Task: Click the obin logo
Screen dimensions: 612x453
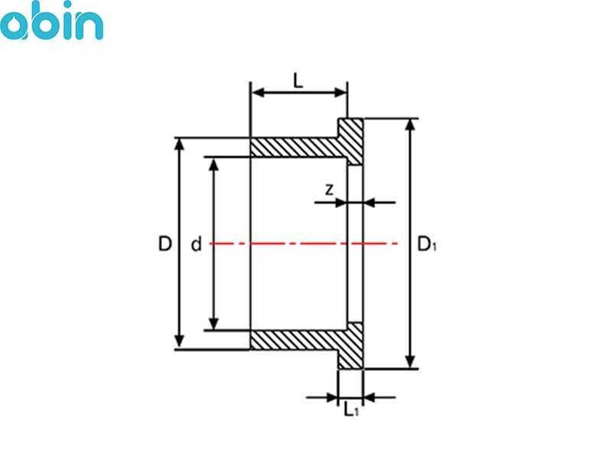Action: [x=51, y=21]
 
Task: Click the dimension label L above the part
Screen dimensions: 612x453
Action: [x=298, y=81]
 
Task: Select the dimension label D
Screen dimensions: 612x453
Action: [x=164, y=243]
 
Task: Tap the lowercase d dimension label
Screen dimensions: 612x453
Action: [x=196, y=243]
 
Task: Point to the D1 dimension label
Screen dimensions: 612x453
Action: [x=427, y=244]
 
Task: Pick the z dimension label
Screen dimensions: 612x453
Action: [x=330, y=190]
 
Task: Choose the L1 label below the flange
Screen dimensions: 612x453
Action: [x=351, y=409]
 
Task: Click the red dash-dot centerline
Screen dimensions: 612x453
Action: [x=304, y=243]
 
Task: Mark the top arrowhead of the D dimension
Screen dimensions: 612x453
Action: [x=179, y=144]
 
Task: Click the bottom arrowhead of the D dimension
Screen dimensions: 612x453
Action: [x=179, y=342]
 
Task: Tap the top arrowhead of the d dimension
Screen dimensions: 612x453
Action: [x=213, y=165]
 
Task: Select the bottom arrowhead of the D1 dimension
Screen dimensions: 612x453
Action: [x=410, y=362]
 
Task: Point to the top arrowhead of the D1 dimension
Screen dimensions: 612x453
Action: [x=410, y=125]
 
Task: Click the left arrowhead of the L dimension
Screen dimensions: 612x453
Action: [x=259, y=93]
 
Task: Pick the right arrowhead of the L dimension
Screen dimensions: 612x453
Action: [x=340, y=93]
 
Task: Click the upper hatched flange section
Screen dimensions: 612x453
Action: [x=350, y=142]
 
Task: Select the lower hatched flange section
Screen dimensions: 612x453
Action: [x=350, y=346]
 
